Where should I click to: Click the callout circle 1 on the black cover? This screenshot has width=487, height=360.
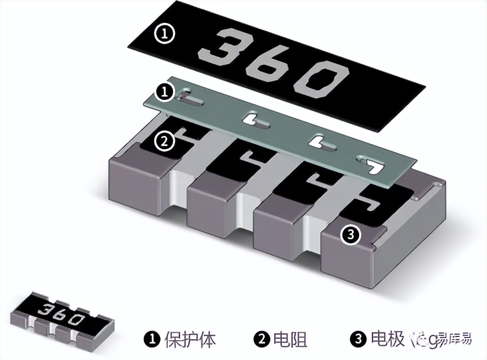pyautogui.click(x=165, y=34)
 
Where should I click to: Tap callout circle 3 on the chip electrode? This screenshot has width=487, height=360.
pyautogui.click(x=350, y=235)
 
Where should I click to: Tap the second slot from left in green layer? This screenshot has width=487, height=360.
pyautogui.click(x=255, y=120)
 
